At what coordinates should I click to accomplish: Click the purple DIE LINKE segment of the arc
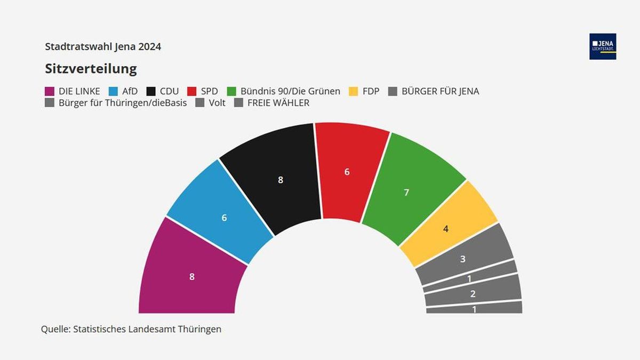(x=192, y=276)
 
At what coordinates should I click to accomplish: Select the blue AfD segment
(x=224, y=218)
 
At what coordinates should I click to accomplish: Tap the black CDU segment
(x=281, y=180)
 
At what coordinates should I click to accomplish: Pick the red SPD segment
(x=347, y=172)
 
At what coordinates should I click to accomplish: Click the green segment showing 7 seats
(x=406, y=192)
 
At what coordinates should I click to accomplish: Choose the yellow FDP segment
(x=446, y=229)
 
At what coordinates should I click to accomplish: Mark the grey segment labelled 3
(x=463, y=259)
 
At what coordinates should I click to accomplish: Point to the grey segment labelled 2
(x=473, y=293)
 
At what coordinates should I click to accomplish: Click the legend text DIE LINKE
(x=79, y=91)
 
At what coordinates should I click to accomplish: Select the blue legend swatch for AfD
(x=114, y=91)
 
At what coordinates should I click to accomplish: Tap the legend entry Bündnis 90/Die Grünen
(x=290, y=91)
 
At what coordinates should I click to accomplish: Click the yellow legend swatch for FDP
(x=353, y=91)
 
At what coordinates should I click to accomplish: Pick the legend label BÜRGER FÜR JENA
(x=440, y=91)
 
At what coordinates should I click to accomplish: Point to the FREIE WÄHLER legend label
(x=278, y=103)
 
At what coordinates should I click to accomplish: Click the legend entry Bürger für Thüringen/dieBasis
(x=123, y=103)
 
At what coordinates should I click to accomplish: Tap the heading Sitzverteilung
(x=91, y=69)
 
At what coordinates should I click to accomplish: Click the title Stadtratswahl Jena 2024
(x=103, y=46)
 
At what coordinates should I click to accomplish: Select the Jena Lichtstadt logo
(x=603, y=46)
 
